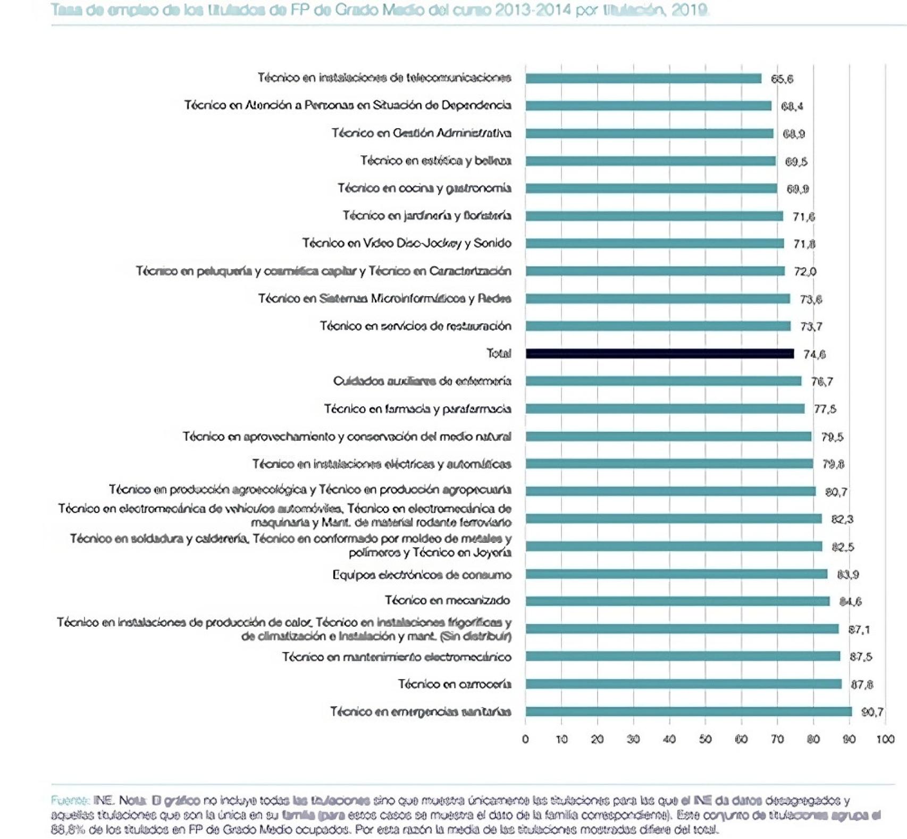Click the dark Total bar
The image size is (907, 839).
tap(659, 354)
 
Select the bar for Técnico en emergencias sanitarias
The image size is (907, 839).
tap(688, 711)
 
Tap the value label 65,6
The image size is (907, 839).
tap(782, 79)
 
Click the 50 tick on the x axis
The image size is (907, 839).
tap(705, 739)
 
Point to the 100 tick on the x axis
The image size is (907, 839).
tap(885, 739)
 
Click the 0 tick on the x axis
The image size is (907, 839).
tap(525, 739)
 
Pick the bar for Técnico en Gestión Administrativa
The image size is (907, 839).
tap(649, 133)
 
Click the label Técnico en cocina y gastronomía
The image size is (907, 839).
tap(424, 188)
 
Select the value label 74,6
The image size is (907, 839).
tap(814, 354)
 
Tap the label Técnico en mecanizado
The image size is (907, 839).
tap(447, 600)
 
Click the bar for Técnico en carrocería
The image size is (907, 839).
tap(683, 684)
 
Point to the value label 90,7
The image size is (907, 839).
tap(872, 712)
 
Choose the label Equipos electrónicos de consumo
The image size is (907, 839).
tap(422, 575)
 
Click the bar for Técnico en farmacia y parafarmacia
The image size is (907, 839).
tap(665, 409)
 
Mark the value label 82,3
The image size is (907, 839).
tap(842, 519)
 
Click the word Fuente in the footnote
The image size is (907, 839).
tap(70, 800)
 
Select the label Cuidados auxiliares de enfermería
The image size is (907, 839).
tap(422, 381)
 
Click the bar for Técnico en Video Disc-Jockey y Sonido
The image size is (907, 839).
tap(654, 244)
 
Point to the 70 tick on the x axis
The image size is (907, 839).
tap(777, 739)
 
